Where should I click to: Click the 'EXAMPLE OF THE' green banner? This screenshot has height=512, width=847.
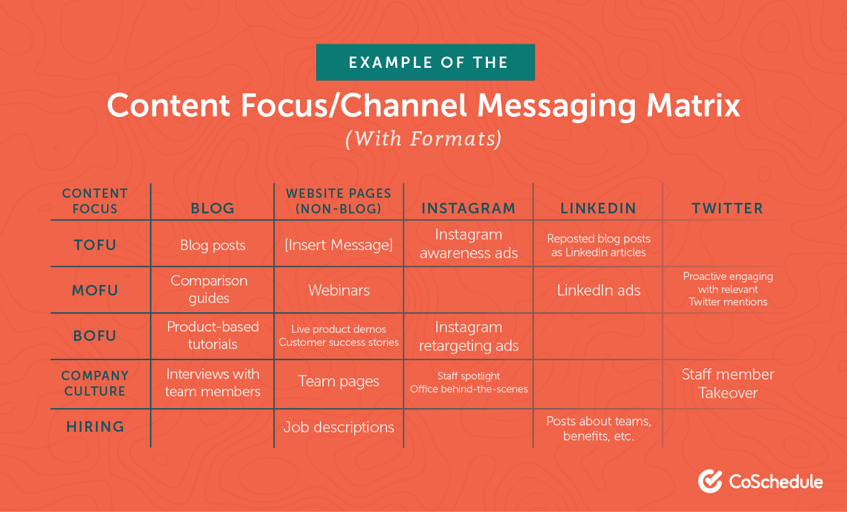(425, 62)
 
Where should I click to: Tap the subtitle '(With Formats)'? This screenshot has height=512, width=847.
(424, 138)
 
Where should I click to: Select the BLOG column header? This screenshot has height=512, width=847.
(213, 208)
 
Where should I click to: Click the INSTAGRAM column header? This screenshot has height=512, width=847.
(469, 208)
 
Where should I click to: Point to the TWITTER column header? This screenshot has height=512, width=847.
(728, 208)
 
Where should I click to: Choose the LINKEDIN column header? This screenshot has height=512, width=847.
(598, 208)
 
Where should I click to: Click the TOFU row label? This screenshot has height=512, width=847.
(95, 244)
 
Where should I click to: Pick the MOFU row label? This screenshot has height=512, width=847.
(95, 290)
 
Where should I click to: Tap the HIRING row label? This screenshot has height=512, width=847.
(95, 427)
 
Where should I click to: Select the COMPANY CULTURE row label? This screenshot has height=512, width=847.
(95, 383)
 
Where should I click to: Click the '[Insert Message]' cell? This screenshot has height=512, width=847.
(339, 244)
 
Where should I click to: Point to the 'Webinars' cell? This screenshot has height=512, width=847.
(339, 290)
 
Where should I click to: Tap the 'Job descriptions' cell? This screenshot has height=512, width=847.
(339, 427)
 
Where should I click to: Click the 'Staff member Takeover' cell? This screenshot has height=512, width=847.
(728, 383)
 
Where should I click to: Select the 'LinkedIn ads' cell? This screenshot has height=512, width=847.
(598, 290)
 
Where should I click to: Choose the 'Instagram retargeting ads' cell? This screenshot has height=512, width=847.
(469, 337)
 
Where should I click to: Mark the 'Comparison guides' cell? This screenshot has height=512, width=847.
(209, 289)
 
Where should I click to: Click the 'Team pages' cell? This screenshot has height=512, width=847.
(339, 381)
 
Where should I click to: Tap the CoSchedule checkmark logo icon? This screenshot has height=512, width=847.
(710, 481)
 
